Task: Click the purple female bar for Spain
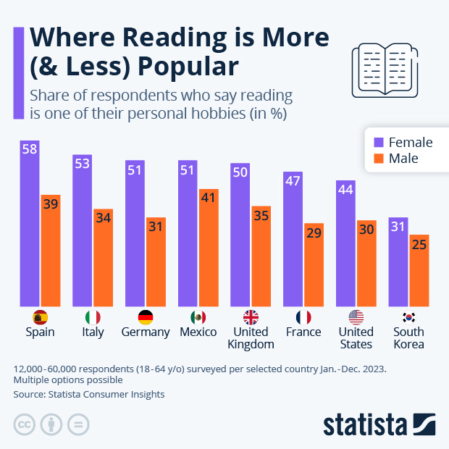pyautogui.click(x=30, y=224)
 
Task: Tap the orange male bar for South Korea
pyautogui.click(x=419, y=272)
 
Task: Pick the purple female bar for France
pyautogui.click(x=293, y=239)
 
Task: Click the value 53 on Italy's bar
pyautogui.click(x=82, y=164)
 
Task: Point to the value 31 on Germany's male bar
pyautogui.click(x=156, y=227)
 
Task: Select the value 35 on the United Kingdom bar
pyautogui.click(x=261, y=215)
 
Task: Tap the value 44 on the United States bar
pyautogui.click(x=345, y=189)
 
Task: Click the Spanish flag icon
pyautogui.click(x=40, y=317)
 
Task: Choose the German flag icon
pyautogui.click(x=146, y=317)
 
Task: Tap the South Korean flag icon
pyautogui.click(x=408, y=317)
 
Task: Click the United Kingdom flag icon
pyautogui.click(x=251, y=317)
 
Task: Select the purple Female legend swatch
pyautogui.click(x=378, y=142)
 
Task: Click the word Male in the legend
pyautogui.click(x=403, y=159)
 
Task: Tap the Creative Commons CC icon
pyautogui.click(x=25, y=424)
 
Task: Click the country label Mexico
pyautogui.click(x=198, y=332)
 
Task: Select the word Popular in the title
pyautogui.click(x=188, y=67)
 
